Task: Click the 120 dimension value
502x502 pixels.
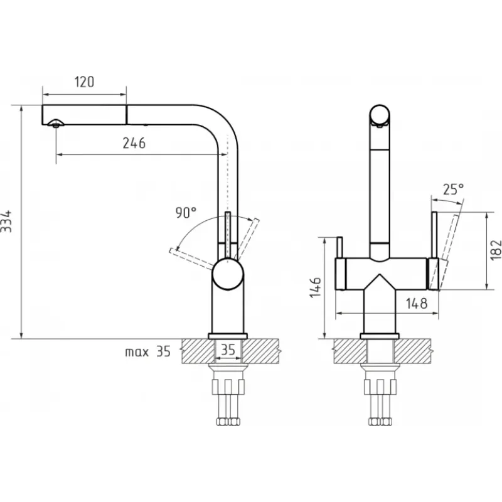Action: (x=85, y=82)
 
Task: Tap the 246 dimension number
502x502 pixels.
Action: (x=134, y=143)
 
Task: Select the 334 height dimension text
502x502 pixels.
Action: (x=6, y=222)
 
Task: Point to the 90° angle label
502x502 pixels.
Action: (x=186, y=213)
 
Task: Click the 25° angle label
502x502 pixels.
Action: (x=453, y=190)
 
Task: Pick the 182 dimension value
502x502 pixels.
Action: (x=496, y=250)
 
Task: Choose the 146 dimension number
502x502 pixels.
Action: (x=316, y=287)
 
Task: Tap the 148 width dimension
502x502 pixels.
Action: (x=417, y=303)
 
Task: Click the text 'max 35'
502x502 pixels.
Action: (x=147, y=351)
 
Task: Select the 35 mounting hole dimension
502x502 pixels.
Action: (x=228, y=350)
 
